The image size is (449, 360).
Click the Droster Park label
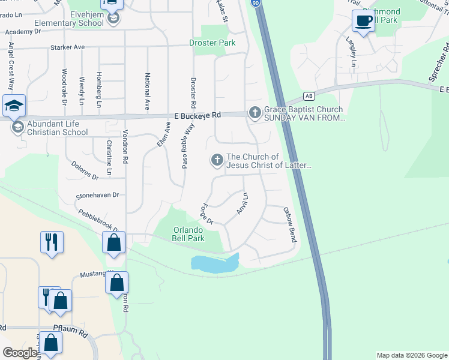tap(212, 43)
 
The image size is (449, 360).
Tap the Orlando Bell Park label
tap(189, 234)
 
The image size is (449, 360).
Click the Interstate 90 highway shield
tap(256, 3)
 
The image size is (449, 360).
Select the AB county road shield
tap(309, 96)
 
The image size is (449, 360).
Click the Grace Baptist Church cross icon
tap(255, 112)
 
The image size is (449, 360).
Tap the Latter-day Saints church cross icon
tap(216, 160)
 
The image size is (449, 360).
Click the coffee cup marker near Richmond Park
tap(363, 21)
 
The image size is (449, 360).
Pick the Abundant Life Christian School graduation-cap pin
tap(14, 106)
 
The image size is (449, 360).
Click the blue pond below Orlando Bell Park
tap(214, 262)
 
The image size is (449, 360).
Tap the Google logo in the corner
tap(20, 353)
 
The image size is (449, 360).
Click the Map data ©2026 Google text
tap(411, 355)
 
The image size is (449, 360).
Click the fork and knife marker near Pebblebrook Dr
tap(51, 242)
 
